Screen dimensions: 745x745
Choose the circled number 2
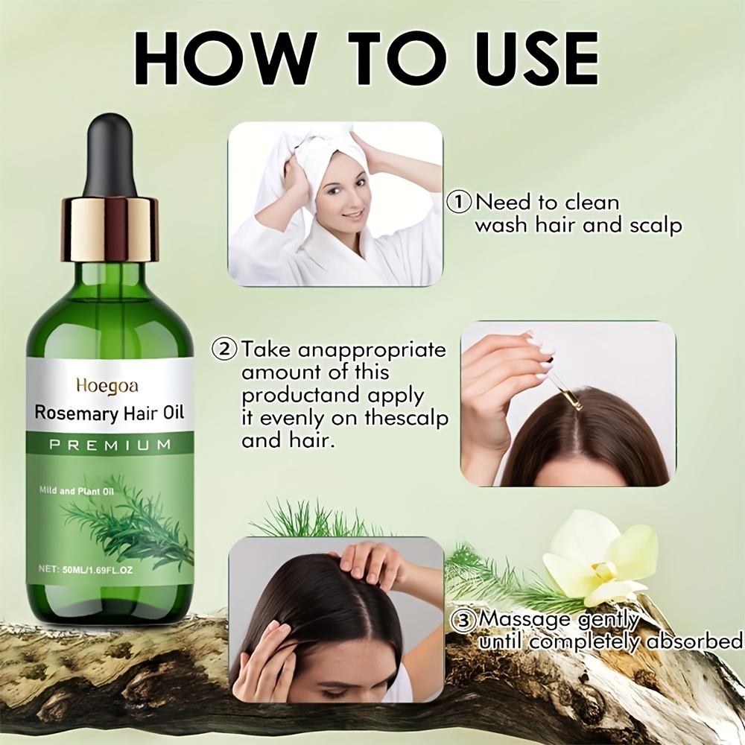(x=225, y=349)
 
